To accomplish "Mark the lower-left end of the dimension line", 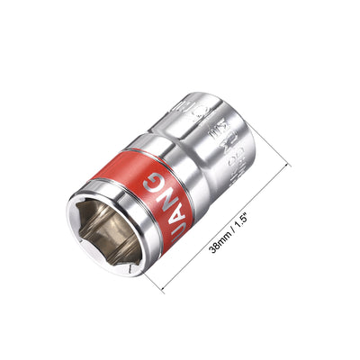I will click(x=163, y=291).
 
